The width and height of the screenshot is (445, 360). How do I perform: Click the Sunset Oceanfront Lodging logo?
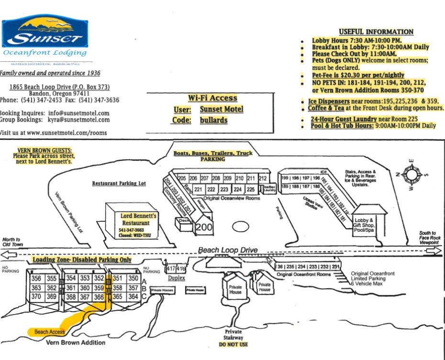44,37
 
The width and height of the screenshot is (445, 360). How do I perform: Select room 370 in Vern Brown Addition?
36,297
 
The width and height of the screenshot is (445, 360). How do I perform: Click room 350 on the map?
133,279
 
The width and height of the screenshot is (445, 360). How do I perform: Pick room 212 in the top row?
262,179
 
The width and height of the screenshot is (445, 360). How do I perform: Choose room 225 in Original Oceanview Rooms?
249,189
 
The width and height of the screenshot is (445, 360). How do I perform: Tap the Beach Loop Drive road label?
228,250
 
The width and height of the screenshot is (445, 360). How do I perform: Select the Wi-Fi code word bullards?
213,120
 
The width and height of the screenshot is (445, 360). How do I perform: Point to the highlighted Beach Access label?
49,332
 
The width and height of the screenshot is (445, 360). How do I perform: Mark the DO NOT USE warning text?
234,345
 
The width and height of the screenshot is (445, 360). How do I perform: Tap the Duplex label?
177,278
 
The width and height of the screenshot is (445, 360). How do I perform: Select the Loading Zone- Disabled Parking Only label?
82,259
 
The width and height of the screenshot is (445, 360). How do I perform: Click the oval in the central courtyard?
241,226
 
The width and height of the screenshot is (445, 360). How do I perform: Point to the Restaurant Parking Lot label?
119,183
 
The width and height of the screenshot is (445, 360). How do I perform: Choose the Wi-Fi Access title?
212,98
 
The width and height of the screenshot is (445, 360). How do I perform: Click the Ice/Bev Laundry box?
269,189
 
